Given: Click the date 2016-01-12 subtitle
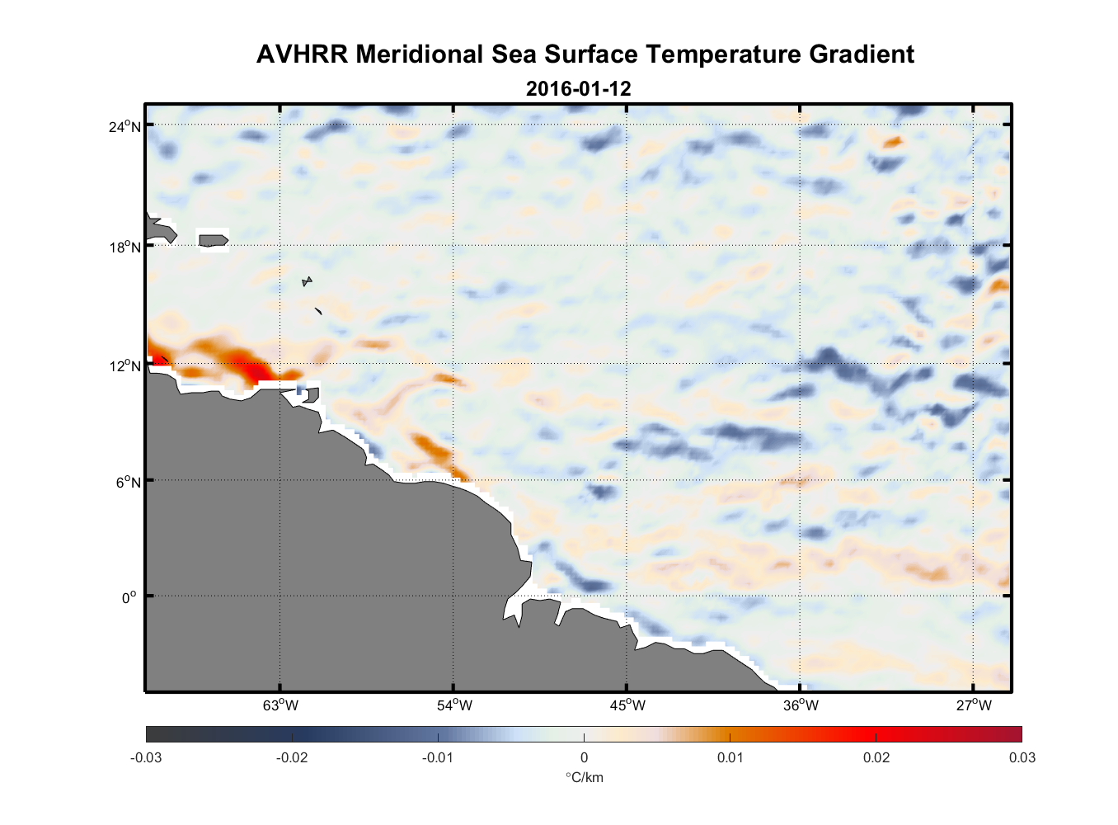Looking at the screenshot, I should click(x=579, y=88).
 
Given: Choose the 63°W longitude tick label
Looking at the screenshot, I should click(x=280, y=705).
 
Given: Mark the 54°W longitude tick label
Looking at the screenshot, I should click(x=453, y=705).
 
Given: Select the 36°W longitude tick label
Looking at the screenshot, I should click(x=801, y=705).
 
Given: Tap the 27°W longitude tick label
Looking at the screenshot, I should click(x=974, y=705).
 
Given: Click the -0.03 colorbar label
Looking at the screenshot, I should click(x=146, y=758).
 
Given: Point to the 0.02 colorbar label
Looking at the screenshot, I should click(x=876, y=758).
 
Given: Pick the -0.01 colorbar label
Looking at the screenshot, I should click(x=437, y=758).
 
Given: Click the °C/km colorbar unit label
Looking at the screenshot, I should click(x=584, y=777).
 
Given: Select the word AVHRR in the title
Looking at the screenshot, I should click(x=302, y=54).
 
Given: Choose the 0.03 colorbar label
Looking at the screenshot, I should click(x=1022, y=758).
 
